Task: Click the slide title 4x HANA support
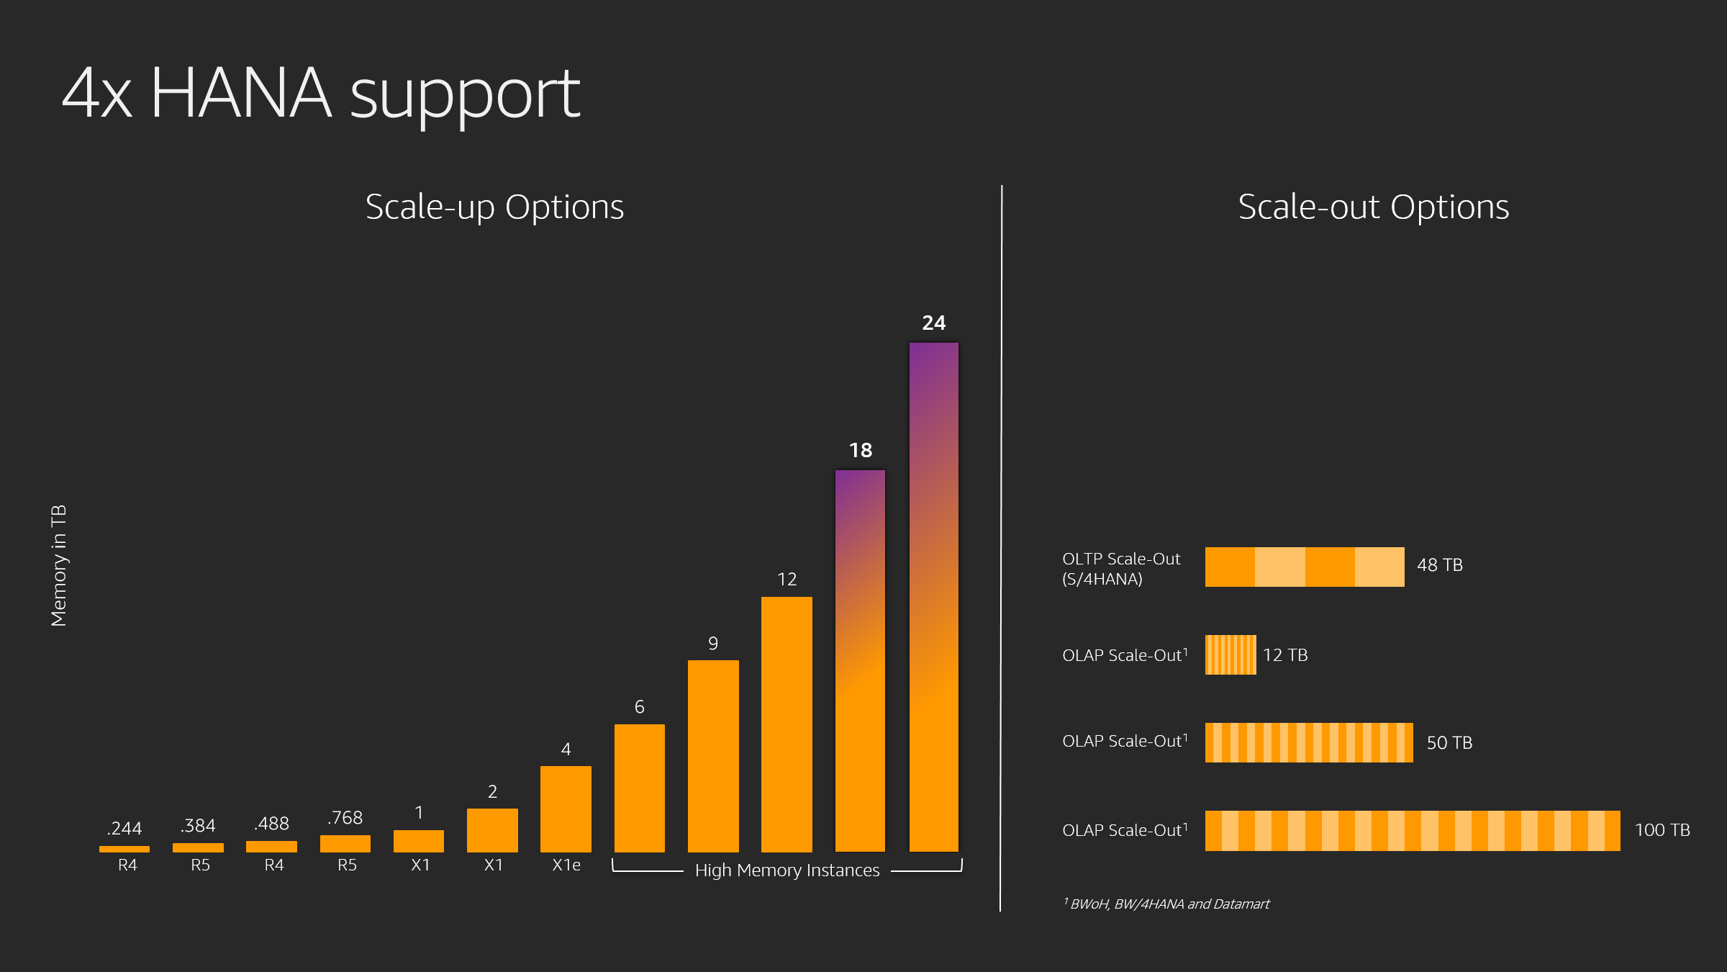(321, 94)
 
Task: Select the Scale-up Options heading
(494, 207)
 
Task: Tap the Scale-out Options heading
(1373, 207)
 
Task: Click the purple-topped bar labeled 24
(933, 598)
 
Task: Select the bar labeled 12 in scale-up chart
(787, 724)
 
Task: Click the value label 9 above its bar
(712, 643)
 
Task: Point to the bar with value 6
(639, 788)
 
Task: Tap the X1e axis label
(566, 865)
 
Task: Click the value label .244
(124, 828)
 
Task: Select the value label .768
(345, 818)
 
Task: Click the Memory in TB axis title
(59, 565)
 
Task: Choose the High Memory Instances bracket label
(787, 870)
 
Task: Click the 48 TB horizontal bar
(1304, 567)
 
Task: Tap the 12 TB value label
(1285, 655)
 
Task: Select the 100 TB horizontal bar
(1412, 830)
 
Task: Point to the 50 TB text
(1449, 743)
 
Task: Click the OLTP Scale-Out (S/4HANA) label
(1120, 568)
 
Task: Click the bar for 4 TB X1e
(566, 809)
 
